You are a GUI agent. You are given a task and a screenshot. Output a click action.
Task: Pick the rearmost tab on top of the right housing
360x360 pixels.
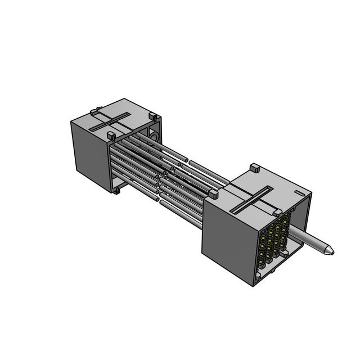pos(253,167)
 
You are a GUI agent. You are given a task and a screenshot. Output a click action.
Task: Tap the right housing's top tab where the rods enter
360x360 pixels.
pos(213,194)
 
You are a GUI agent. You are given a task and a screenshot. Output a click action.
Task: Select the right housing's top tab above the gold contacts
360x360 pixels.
pos(277,212)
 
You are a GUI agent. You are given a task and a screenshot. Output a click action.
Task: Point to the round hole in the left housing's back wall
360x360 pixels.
pos(154,137)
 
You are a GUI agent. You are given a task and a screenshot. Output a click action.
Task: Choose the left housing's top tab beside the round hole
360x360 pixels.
pos(152,118)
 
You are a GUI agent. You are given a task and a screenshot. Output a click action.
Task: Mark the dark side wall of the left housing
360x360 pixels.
pos(90,155)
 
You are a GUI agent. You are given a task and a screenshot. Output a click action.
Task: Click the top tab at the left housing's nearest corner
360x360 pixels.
pos(111,137)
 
